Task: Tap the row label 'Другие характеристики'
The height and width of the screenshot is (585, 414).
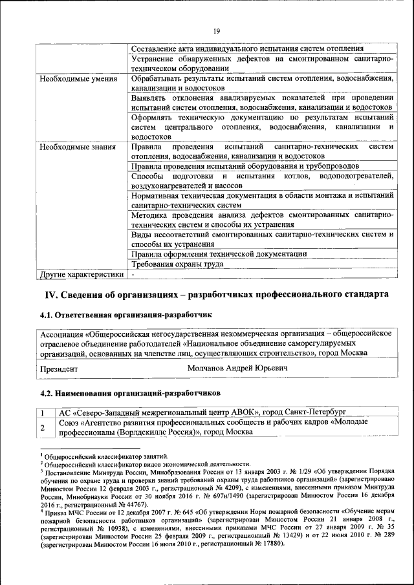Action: [x=81, y=274]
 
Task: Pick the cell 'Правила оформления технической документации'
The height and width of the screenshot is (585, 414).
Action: [x=219, y=254]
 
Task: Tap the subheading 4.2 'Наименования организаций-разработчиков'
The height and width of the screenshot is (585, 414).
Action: [x=130, y=392]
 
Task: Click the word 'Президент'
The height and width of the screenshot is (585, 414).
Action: [x=59, y=368]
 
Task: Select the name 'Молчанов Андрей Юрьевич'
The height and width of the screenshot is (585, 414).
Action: [x=237, y=368]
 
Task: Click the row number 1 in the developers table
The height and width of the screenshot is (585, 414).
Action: [x=42, y=412]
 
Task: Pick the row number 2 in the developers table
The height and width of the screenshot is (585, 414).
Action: [x=42, y=427]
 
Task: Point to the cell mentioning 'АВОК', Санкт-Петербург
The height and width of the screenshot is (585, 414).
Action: [x=202, y=412]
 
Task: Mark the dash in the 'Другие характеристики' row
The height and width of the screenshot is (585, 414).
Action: [x=133, y=274]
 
